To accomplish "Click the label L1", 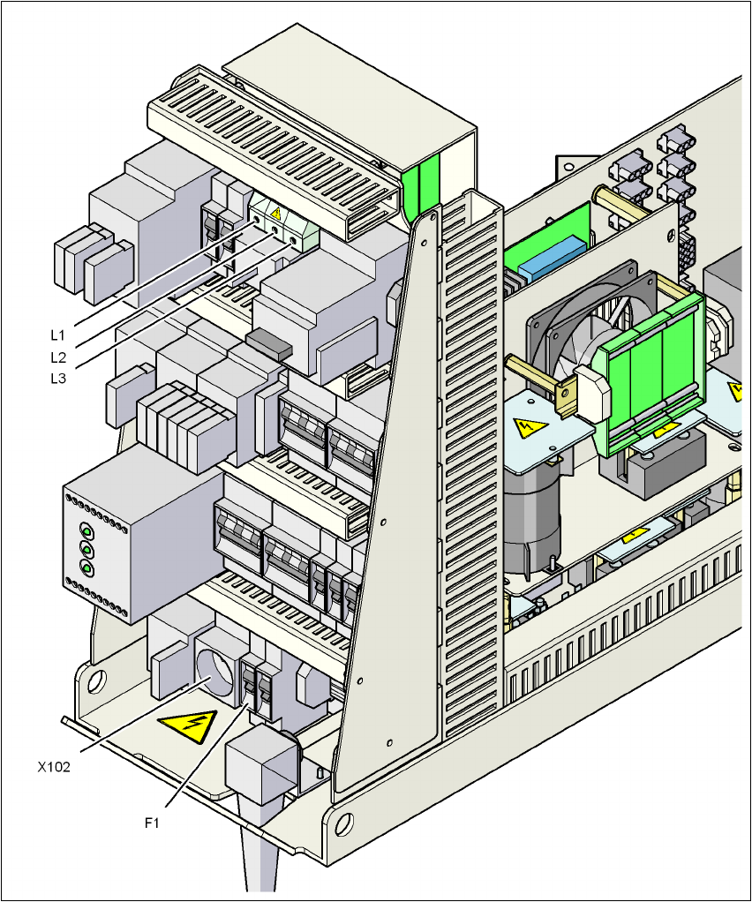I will coord(57,334).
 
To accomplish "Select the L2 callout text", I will coord(57,357).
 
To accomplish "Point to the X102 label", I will coord(54,767).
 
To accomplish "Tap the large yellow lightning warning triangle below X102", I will coord(187,727).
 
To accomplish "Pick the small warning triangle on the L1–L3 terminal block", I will coord(275,213).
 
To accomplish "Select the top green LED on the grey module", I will coord(87,532).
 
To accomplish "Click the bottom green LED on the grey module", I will coord(86,568).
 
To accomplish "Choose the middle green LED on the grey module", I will coord(86,550).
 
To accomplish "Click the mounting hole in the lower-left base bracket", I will coord(96,680).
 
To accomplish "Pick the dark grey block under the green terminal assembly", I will coord(666,463).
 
